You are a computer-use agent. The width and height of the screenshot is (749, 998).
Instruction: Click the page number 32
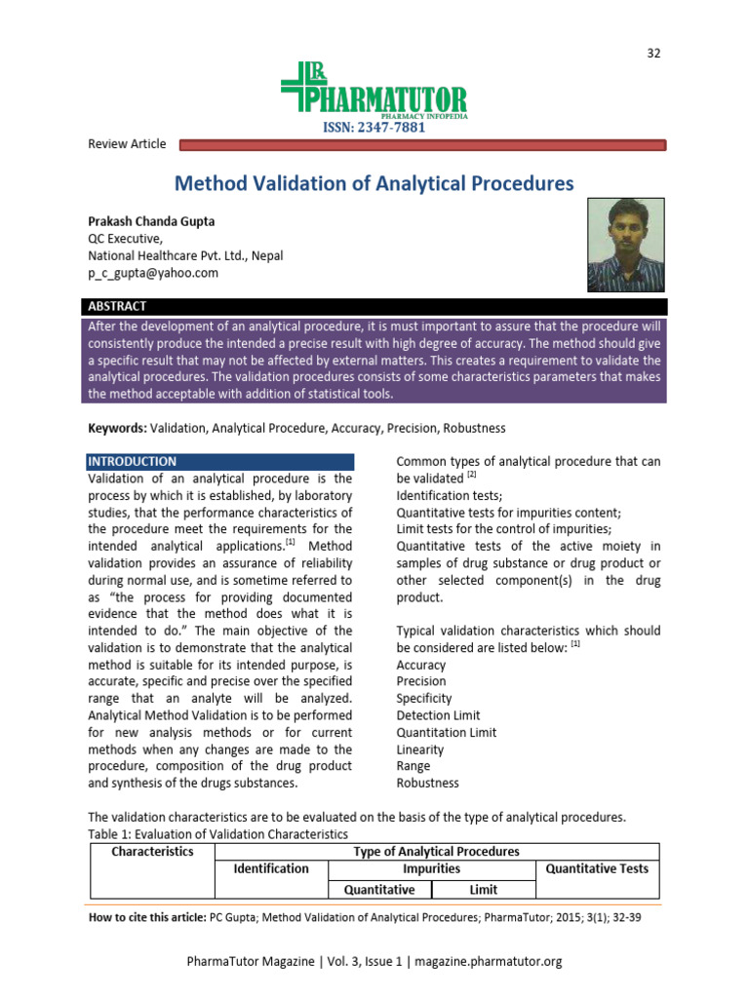click(653, 53)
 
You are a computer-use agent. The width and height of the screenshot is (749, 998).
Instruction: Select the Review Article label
click(127, 144)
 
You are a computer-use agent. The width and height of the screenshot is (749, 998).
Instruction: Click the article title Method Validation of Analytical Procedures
click(374, 183)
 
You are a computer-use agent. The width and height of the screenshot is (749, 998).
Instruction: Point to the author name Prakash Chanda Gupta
click(150, 221)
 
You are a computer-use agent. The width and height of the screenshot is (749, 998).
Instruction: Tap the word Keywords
click(117, 428)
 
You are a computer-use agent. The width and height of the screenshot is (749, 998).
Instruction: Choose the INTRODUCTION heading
click(133, 462)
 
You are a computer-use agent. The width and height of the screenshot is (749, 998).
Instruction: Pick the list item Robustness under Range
click(427, 783)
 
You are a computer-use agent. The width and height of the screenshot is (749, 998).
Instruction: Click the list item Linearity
click(420, 749)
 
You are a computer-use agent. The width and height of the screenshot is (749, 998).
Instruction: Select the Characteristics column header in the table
click(152, 852)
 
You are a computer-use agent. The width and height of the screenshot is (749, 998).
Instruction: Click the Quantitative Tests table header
click(597, 868)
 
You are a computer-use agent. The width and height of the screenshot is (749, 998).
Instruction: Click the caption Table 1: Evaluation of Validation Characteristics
click(217, 834)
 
